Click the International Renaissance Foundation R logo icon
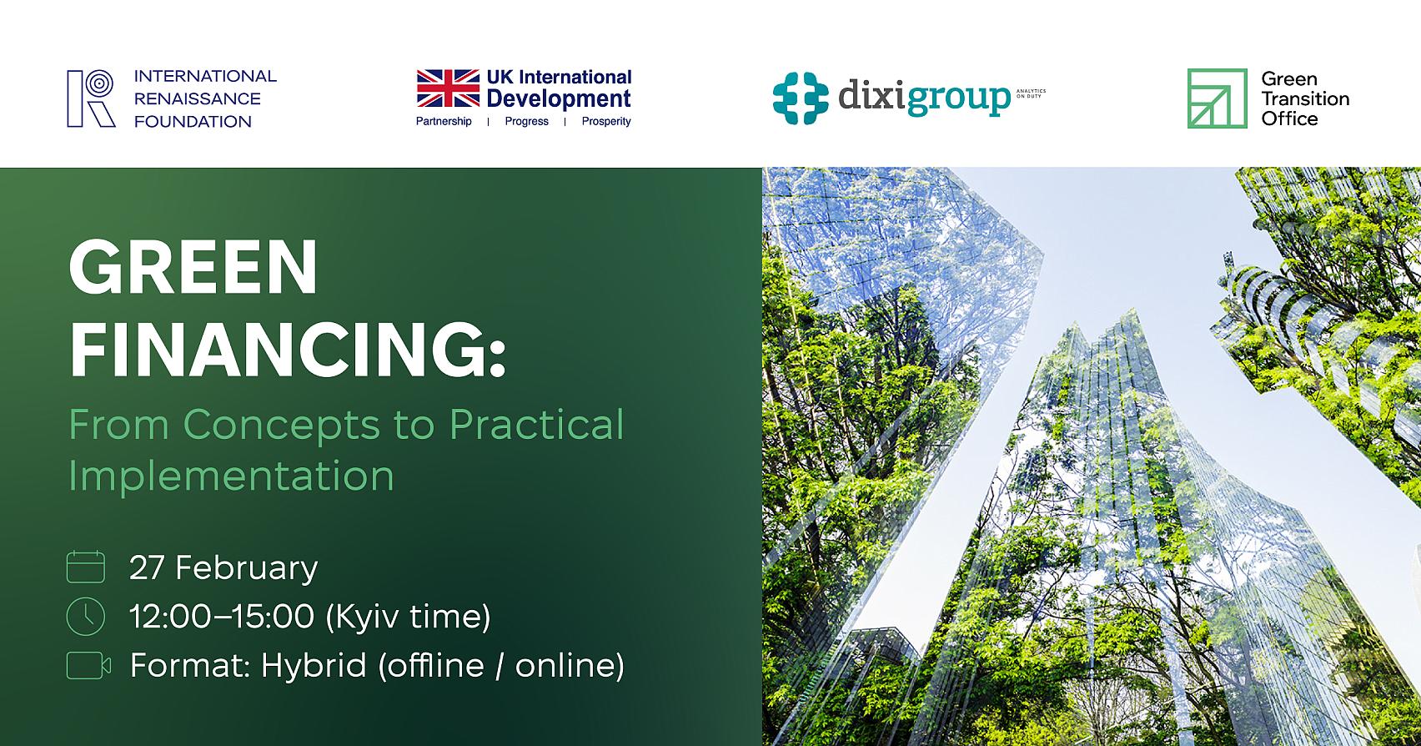(91, 98)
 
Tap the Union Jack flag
(448, 89)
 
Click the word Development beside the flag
(559, 99)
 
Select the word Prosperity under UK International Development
(606, 122)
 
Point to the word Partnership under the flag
(444, 122)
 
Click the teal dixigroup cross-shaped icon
(801, 98)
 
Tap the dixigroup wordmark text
(923, 98)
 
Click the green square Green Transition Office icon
(1217, 98)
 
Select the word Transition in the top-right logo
(1305, 98)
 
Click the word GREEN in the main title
(193, 269)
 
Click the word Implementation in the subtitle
(231, 476)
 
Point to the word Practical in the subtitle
(536, 424)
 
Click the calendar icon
(85, 567)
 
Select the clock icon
(85, 617)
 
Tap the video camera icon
(88, 665)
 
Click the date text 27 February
(223, 567)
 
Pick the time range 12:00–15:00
(222, 617)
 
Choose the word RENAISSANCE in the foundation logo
(198, 98)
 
